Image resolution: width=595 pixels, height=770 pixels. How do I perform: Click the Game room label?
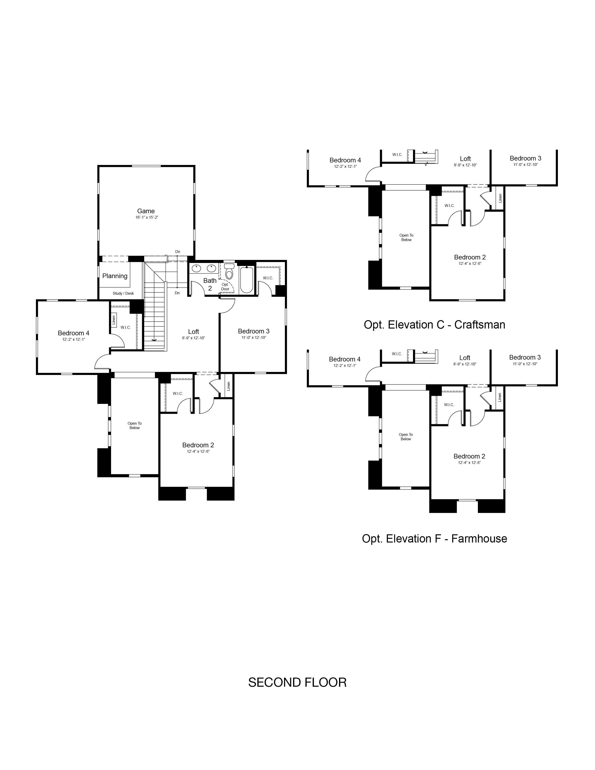click(x=146, y=211)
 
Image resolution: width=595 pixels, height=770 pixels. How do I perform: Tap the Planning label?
click(x=115, y=276)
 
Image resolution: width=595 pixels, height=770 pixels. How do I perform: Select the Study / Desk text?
click(x=123, y=293)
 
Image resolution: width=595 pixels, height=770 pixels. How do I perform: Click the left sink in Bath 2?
click(x=196, y=269)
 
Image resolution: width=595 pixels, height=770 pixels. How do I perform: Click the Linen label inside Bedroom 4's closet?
click(x=113, y=320)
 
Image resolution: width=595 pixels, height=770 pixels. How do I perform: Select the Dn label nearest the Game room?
click(x=178, y=252)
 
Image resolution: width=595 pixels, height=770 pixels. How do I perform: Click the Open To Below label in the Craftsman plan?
click(x=406, y=238)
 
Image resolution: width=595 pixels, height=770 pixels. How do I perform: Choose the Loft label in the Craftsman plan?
click(x=465, y=159)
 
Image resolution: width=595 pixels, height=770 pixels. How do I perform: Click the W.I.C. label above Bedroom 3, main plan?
click(x=268, y=278)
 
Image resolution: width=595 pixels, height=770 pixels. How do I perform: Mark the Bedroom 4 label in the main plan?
click(x=74, y=333)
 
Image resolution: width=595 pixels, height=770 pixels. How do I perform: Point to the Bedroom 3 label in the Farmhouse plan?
click(x=525, y=357)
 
